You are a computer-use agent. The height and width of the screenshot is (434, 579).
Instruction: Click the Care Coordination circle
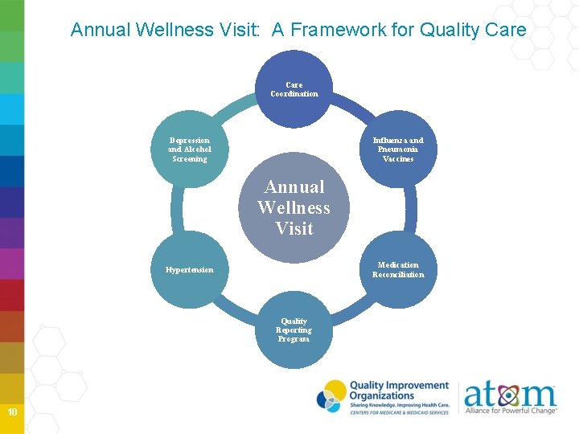tap(294, 89)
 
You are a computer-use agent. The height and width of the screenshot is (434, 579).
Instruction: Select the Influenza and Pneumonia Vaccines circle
tap(398, 149)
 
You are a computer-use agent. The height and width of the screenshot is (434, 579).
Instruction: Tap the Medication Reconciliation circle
tap(398, 270)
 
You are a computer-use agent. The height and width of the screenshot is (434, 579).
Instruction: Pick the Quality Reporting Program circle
tap(294, 330)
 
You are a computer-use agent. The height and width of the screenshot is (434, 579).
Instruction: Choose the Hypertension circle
tap(190, 270)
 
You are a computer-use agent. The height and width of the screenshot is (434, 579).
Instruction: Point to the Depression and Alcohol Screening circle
tap(190, 149)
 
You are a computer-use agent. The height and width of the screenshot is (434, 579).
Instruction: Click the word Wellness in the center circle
tap(294, 208)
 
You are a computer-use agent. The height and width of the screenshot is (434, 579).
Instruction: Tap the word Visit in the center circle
tap(294, 229)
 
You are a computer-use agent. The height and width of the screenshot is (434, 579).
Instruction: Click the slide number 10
tap(12, 412)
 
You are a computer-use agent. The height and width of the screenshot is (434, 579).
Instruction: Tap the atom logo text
tap(510, 395)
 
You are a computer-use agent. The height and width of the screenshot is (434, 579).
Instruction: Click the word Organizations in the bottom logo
tap(381, 395)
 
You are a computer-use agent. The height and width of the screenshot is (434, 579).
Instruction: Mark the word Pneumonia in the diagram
tap(398, 149)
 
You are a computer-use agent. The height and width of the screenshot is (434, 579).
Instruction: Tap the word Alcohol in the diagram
tap(197, 149)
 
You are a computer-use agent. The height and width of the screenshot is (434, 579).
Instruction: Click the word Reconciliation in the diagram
tap(398, 275)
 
